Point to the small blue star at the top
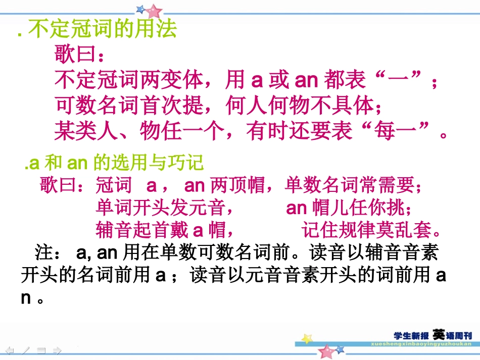[140, 9]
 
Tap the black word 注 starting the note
[43, 252]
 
